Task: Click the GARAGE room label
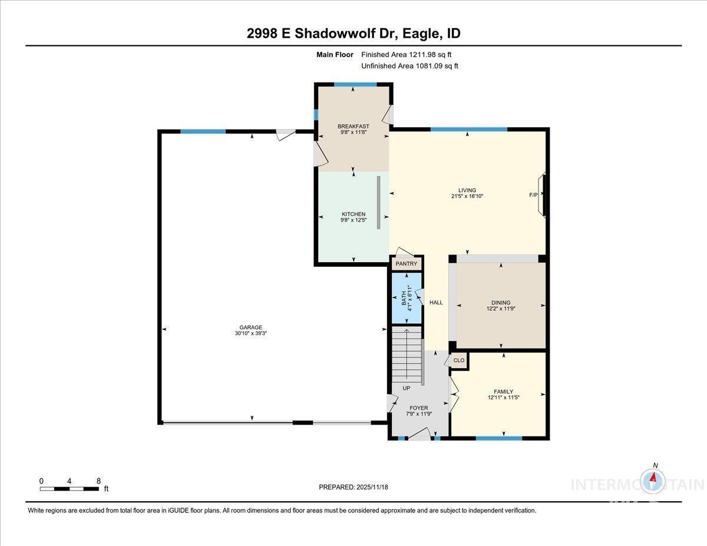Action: click(x=250, y=327)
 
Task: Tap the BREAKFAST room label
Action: click(x=353, y=126)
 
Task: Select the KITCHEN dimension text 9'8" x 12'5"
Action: click(x=353, y=220)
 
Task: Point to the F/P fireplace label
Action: click(x=533, y=195)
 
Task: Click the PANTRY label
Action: click(x=407, y=264)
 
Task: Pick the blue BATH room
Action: click(x=407, y=298)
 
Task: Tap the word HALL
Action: click(x=436, y=302)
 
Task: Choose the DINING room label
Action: click(x=501, y=303)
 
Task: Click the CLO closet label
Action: click(x=459, y=360)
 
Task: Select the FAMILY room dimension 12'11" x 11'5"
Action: click(x=503, y=398)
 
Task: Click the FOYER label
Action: click(x=419, y=408)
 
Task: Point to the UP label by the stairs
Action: click(x=407, y=388)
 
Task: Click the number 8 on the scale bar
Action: click(x=98, y=481)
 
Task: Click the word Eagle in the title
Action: click(x=421, y=34)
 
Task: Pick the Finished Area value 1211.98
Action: click(x=422, y=55)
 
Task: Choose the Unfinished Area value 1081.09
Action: click(x=429, y=66)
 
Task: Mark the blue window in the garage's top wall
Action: click(x=203, y=131)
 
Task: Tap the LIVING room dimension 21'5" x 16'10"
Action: click(x=467, y=196)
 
